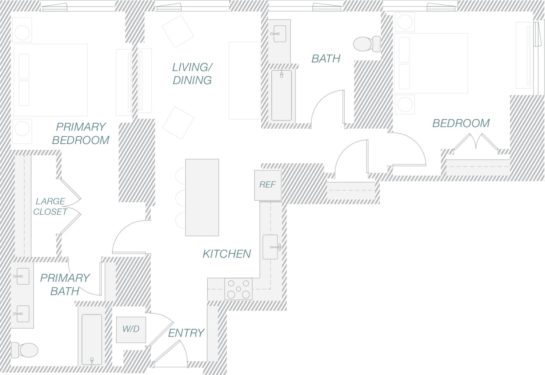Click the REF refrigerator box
coord(267,185)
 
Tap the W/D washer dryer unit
coord(131,329)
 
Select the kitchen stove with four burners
coord(238,289)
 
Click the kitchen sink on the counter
coord(270,247)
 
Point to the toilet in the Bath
coord(364,44)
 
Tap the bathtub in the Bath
coord(281,95)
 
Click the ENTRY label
coord(186,333)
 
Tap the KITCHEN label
coord(227,254)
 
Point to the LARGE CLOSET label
coord(51,206)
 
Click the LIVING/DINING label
coord(192,74)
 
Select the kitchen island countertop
coord(202,197)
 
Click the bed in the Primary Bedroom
coord(50,80)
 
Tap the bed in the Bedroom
coord(431,63)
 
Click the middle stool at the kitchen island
coord(181,198)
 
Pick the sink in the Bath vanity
coord(279,34)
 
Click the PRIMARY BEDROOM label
coord(81,133)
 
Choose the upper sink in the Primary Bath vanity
coord(23,276)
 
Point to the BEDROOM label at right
coord(461,123)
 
